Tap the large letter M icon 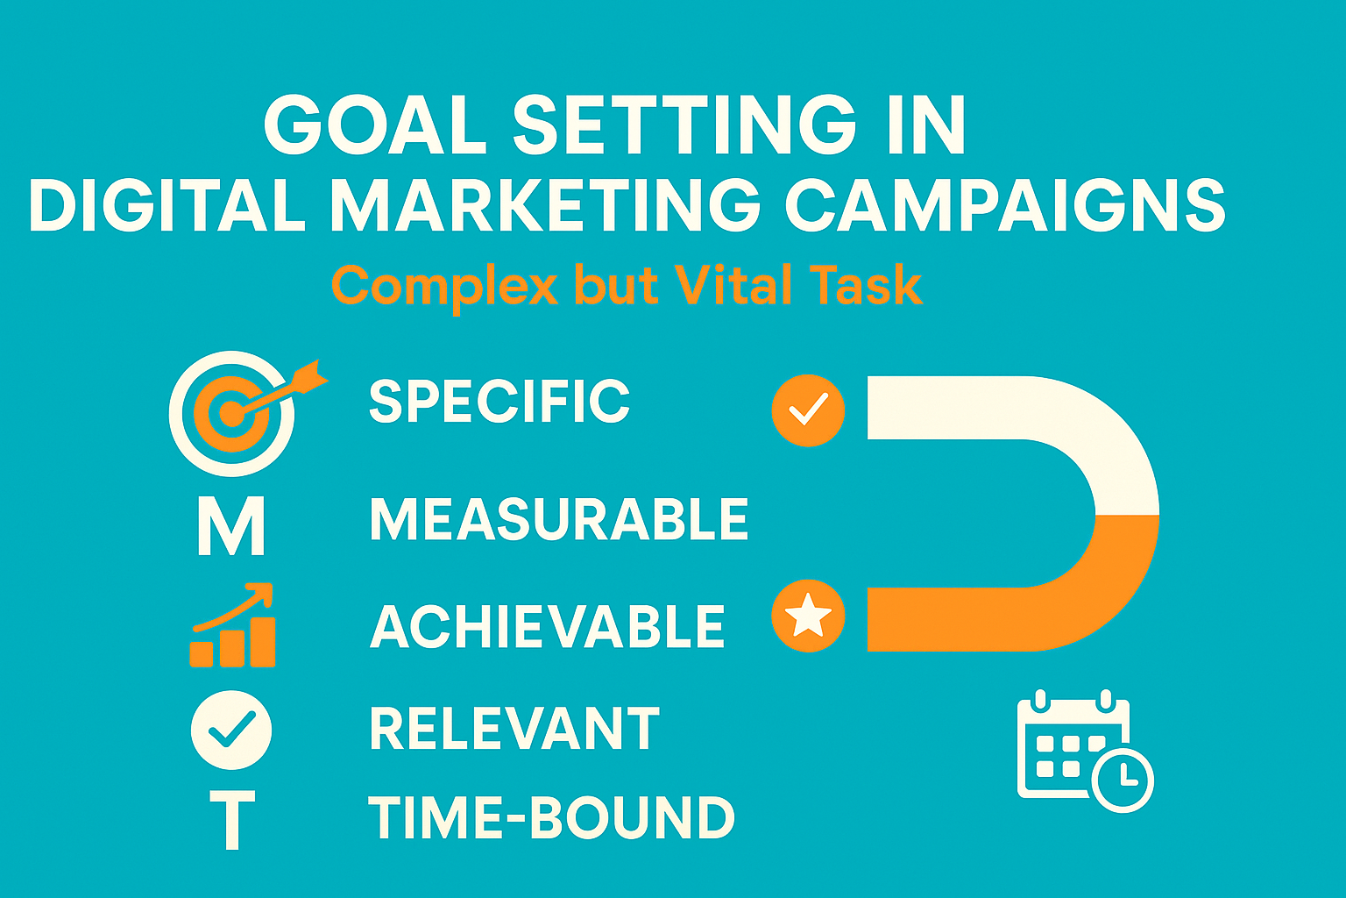(230, 526)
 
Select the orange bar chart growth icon (233, 626)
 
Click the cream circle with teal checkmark (231, 730)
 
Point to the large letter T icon (232, 819)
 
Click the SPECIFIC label (499, 403)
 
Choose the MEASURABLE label (559, 519)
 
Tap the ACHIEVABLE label (548, 626)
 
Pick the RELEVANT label (514, 729)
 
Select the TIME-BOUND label (551, 818)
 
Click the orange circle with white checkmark (808, 410)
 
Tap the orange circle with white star (808, 616)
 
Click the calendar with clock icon (1085, 751)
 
